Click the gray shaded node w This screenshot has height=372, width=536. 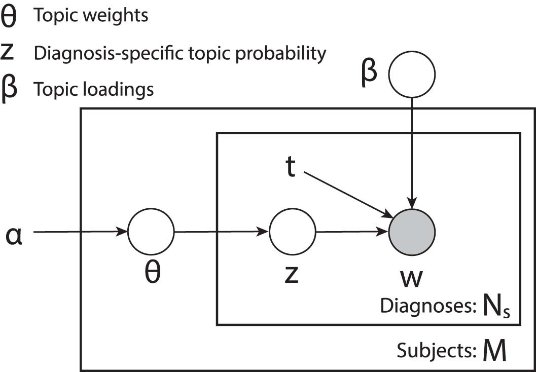coord(412,232)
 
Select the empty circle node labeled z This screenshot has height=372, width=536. coord(292,232)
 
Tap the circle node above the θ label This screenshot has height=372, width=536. coord(151,232)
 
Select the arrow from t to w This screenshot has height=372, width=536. coord(347,193)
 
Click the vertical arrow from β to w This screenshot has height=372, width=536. coord(412,152)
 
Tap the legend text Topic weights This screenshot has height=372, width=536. coord(91,16)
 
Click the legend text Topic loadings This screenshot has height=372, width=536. coord(93,90)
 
